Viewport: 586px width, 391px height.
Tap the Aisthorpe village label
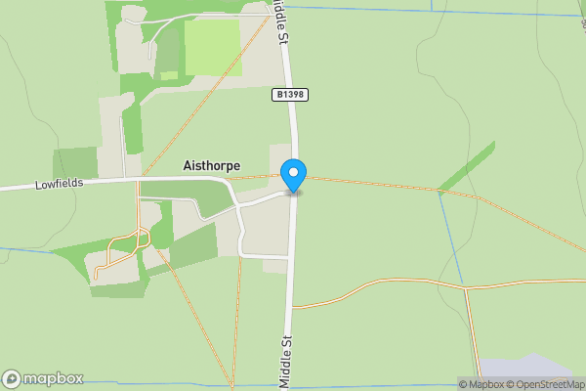tap(211, 166)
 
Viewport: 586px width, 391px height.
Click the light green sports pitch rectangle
tap(212, 45)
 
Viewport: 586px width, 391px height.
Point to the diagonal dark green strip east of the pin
tap(466, 167)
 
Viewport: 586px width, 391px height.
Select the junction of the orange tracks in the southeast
tap(467, 289)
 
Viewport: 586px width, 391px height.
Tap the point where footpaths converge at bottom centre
tap(232, 384)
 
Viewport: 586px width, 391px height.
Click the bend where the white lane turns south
tap(235, 206)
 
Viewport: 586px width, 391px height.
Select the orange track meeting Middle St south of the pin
tap(294, 307)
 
